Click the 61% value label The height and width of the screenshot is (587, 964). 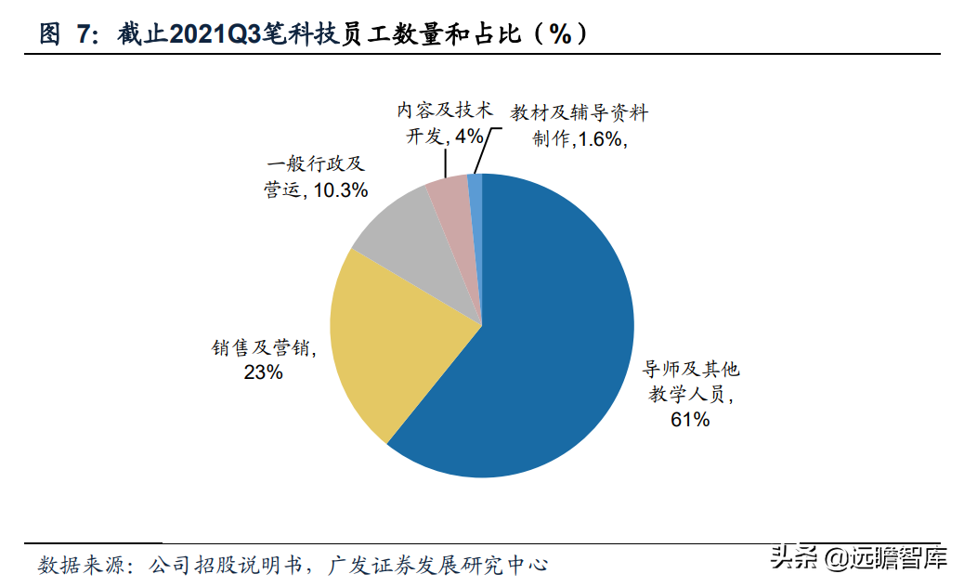point(690,420)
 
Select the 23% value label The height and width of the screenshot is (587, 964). point(264,372)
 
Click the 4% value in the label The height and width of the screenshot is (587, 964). point(468,137)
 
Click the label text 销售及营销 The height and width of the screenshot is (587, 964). point(262,349)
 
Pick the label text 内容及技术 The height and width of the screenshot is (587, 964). point(443,111)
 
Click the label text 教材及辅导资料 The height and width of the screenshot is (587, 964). point(579,113)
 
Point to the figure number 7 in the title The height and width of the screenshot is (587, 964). point(85,34)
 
